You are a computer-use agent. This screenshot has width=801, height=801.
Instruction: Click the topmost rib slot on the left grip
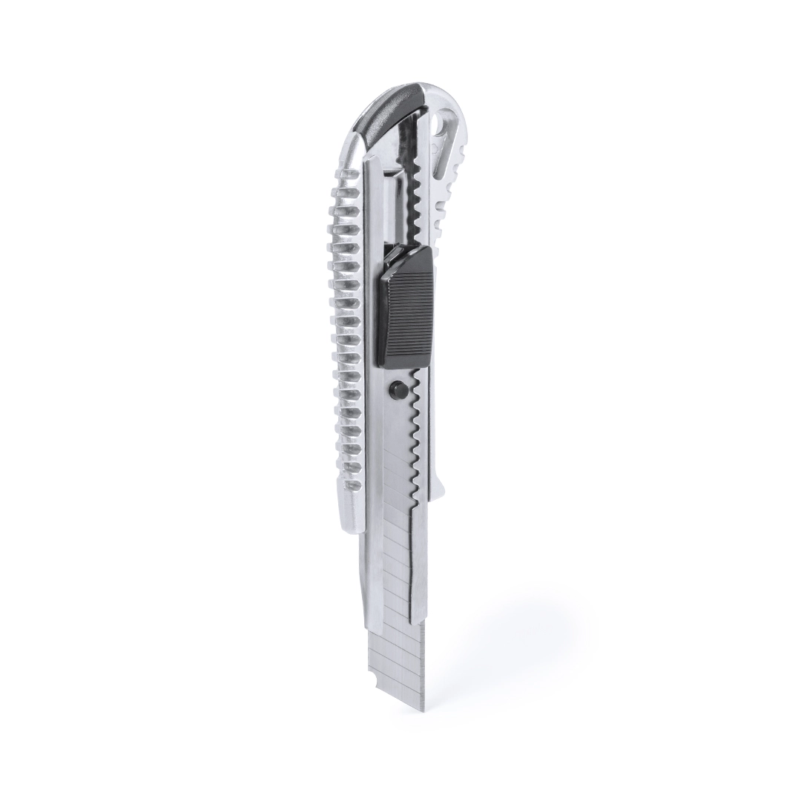tap(343, 194)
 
